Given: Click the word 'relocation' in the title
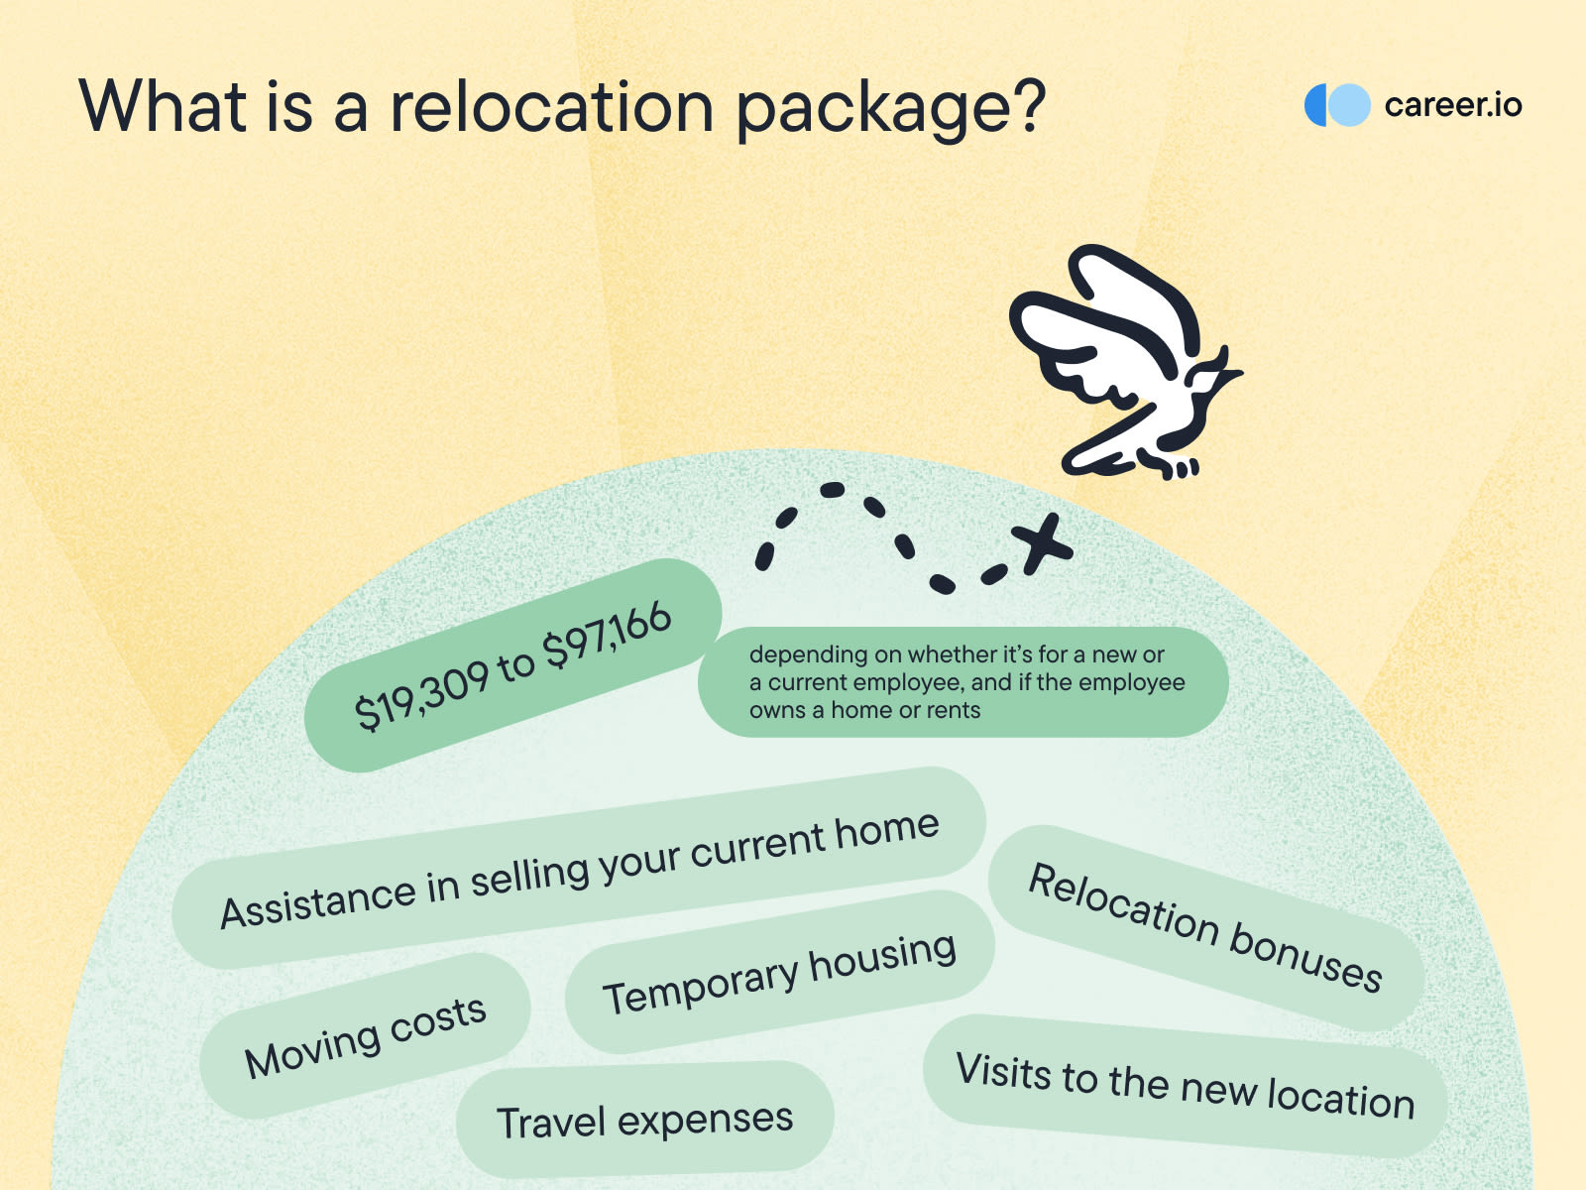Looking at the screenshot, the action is coord(551,106).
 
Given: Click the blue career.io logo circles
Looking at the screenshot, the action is coord(1336,105).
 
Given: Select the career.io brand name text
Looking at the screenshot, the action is coord(1452,105).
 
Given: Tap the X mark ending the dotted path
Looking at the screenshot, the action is coord(1041,543).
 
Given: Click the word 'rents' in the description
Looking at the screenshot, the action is coord(953,710).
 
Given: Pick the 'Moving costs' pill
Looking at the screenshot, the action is coord(365,1036).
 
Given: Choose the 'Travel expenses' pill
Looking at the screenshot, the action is coord(644,1121).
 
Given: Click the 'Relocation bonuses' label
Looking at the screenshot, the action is coord(1205,928).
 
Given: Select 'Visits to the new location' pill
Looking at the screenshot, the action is coord(1185,1085).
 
